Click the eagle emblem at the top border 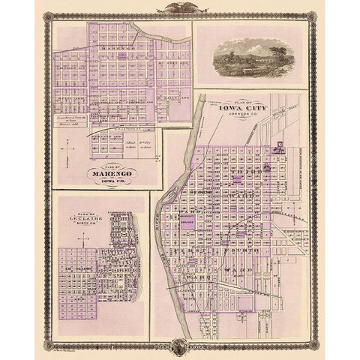pyautogui.click(x=179, y=9)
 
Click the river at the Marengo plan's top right pyautogui.click(x=154, y=34)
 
